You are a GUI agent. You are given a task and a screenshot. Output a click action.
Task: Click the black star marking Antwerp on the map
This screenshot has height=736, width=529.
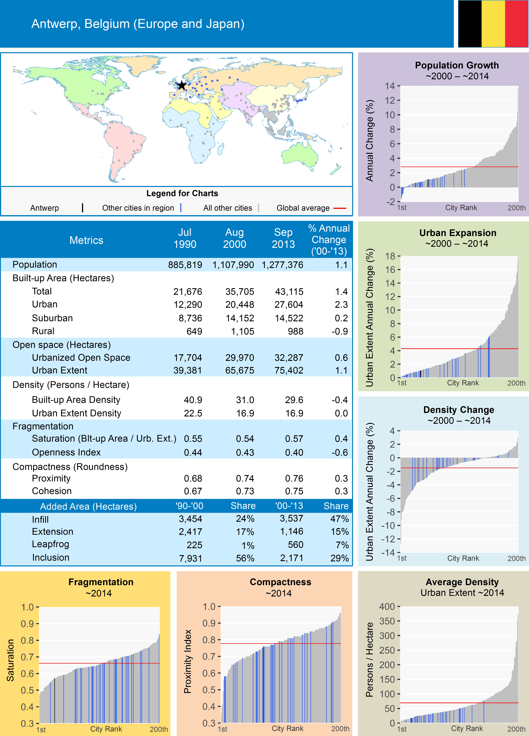tap(182, 85)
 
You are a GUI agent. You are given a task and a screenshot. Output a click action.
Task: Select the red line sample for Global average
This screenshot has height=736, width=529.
tap(340, 208)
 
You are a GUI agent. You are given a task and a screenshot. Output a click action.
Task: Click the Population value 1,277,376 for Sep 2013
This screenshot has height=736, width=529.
tap(282, 265)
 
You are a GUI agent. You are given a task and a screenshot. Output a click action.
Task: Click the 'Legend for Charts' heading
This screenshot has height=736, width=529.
tap(182, 193)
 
